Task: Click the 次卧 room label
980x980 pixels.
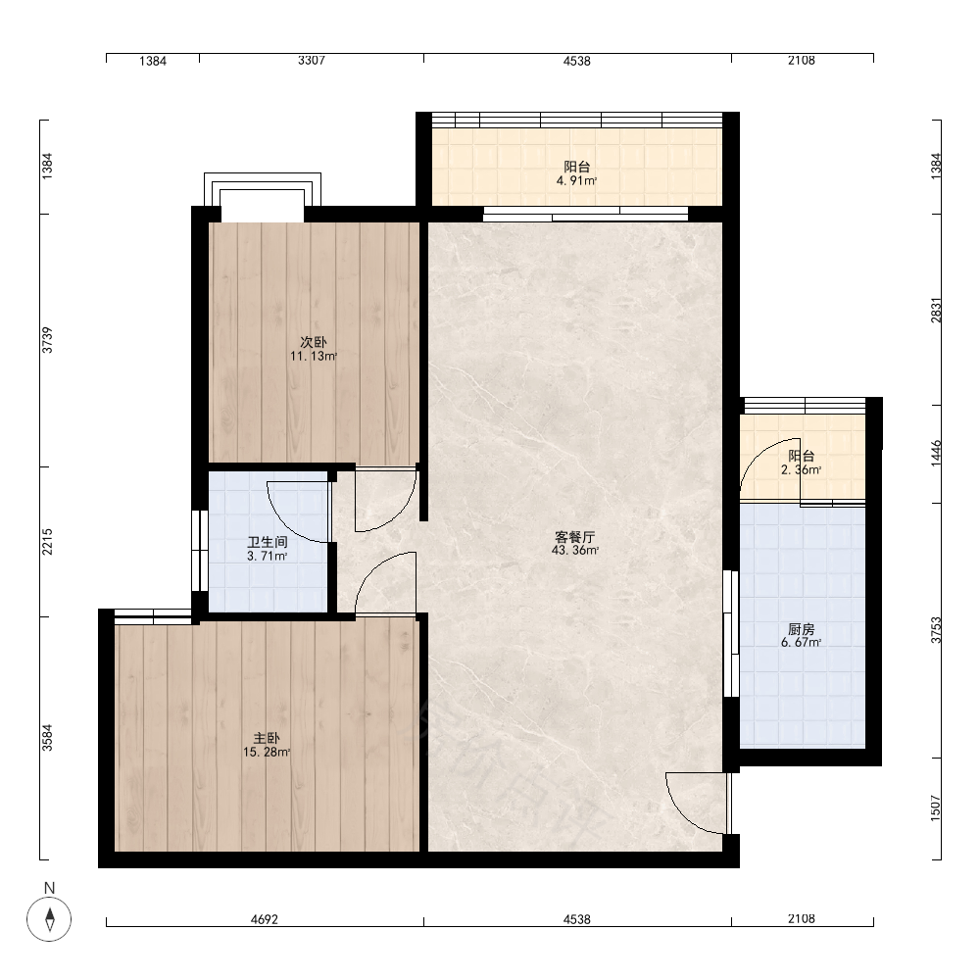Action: [314, 342]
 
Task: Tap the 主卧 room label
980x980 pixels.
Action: [267, 739]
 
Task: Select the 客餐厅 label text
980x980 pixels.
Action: [575, 537]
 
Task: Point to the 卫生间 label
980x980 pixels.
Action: [267, 543]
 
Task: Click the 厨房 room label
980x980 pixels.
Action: [802, 629]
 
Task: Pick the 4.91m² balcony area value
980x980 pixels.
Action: [577, 181]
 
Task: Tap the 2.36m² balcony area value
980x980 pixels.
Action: [802, 470]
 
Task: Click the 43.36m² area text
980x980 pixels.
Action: [575, 551]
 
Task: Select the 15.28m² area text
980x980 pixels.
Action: [267, 753]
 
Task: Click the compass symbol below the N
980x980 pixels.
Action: [49, 919]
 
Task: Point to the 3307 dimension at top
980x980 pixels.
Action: [312, 61]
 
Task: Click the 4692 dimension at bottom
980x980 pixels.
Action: [265, 919]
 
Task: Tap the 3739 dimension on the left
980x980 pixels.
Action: [47, 341]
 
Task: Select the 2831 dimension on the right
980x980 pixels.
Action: [936, 311]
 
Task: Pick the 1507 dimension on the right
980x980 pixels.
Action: [936, 808]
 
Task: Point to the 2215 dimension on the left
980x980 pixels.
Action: [47, 542]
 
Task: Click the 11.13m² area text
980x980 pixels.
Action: [314, 357]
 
